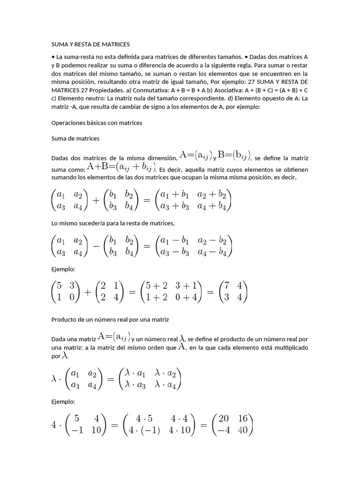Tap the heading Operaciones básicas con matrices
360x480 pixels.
click(x=96, y=122)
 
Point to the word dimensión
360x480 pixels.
click(x=159, y=158)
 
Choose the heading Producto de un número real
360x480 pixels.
click(x=110, y=319)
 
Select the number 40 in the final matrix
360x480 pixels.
click(x=242, y=429)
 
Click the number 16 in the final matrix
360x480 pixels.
click(x=242, y=418)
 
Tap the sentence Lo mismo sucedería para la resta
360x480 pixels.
click(x=112, y=223)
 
